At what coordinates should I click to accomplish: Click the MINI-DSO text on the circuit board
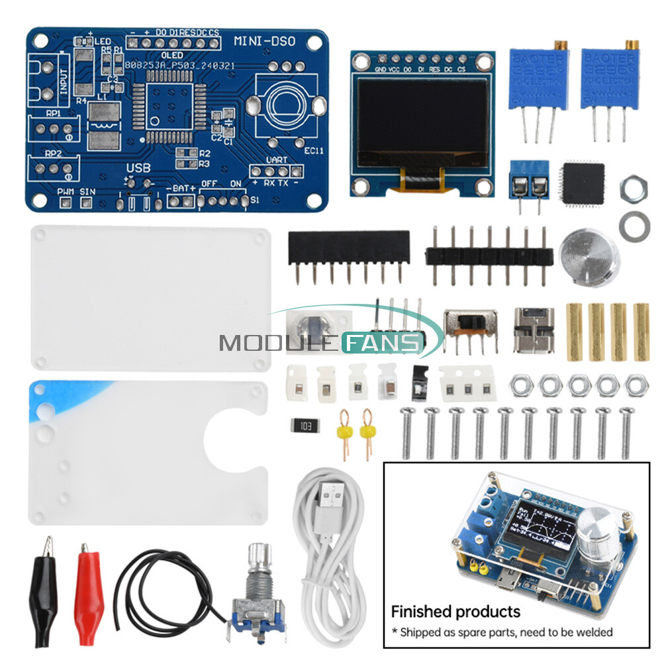click(265, 41)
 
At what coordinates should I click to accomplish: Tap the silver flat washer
click(634, 225)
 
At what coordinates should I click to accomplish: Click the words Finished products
click(455, 611)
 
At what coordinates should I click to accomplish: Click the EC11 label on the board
click(314, 150)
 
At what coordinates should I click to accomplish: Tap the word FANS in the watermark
click(382, 342)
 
